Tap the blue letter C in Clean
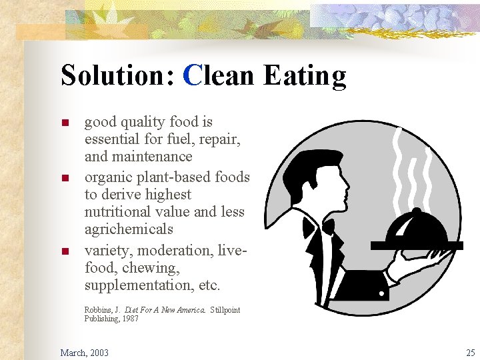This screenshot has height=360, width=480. [192, 75]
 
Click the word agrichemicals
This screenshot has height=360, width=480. [129, 229]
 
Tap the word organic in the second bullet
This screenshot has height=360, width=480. [109, 177]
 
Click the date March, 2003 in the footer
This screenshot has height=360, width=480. [85, 352]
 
